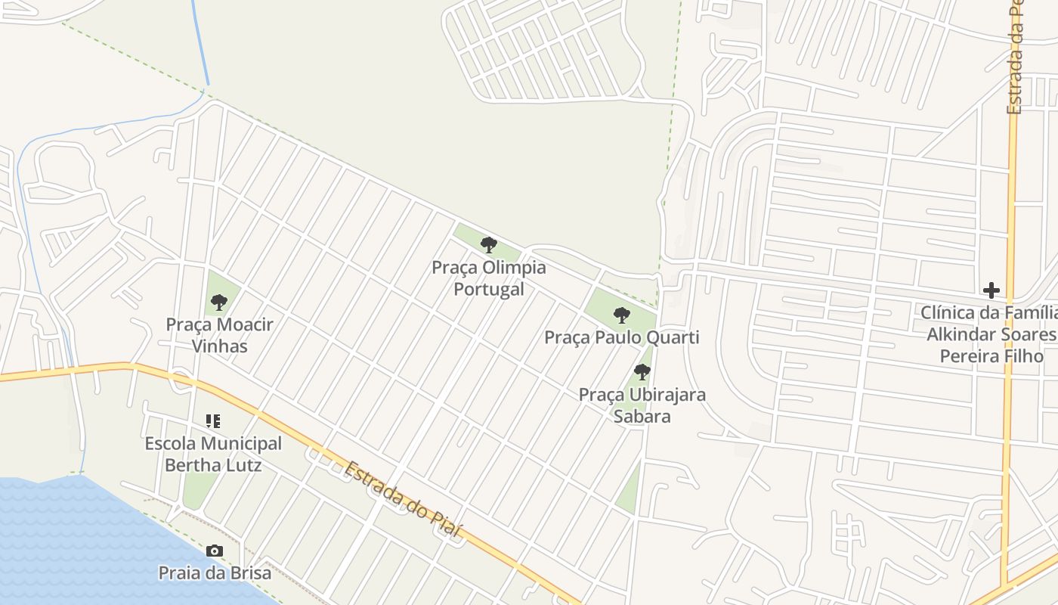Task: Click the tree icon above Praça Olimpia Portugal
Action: [489, 245]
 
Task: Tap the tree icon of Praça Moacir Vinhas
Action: [219, 302]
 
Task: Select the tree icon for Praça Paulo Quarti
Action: [622, 315]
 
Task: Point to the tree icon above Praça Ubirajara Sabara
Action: [642, 372]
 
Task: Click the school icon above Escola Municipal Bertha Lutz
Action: [213, 421]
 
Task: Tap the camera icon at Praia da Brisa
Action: [215, 551]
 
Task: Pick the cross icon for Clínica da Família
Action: [991, 290]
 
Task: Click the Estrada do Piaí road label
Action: [402, 499]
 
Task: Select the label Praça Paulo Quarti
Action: [622, 337]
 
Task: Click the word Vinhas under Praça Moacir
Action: [219, 346]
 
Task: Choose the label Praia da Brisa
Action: [215, 572]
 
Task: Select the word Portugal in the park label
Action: [489, 289]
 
